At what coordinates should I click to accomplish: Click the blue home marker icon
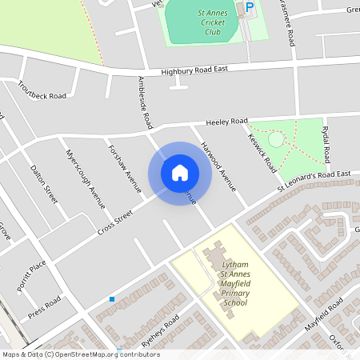[x=179, y=172]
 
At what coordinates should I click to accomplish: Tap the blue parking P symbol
[x=249, y=6]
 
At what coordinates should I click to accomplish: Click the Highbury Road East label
[x=194, y=70]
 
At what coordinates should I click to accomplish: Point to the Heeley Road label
[x=227, y=122]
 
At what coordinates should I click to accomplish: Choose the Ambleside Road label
[x=145, y=103]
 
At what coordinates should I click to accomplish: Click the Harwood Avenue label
[x=218, y=166]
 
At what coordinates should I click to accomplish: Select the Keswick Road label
[x=262, y=149]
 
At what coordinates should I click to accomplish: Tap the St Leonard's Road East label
[x=314, y=181]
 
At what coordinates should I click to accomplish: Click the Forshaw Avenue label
[x=124, y=168]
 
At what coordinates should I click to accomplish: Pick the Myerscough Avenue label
[x=85, y=178]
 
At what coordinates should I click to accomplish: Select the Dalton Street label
[x=44, y=184]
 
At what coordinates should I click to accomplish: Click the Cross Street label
[x=114, y=222]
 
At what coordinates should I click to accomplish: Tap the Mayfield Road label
[x=323, y=315]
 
